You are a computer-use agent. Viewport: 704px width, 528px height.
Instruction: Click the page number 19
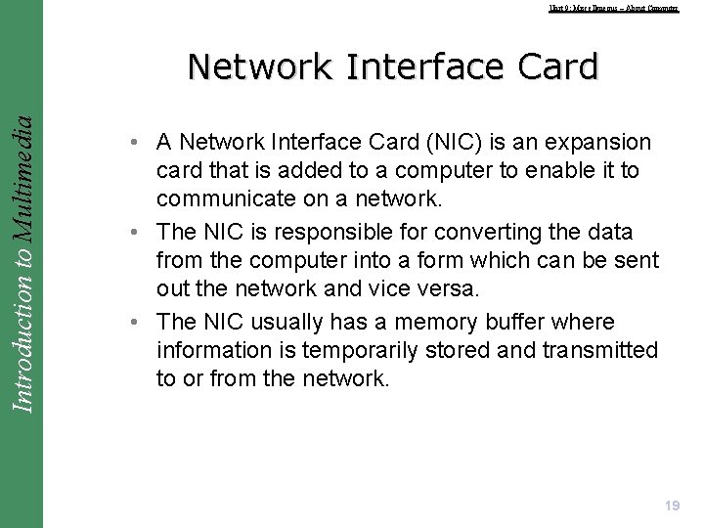click(x=672, y=506)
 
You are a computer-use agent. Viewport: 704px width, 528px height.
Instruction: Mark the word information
click(x=222, y=350)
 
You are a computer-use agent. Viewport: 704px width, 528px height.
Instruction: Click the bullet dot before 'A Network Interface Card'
click(x=131, y=143)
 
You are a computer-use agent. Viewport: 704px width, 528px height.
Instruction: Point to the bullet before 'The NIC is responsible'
click(x=131, y=233)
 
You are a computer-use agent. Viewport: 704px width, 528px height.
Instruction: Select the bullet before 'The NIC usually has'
click(x=131, y=323)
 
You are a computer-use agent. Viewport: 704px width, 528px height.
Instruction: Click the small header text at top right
click(x=613, y=8)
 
